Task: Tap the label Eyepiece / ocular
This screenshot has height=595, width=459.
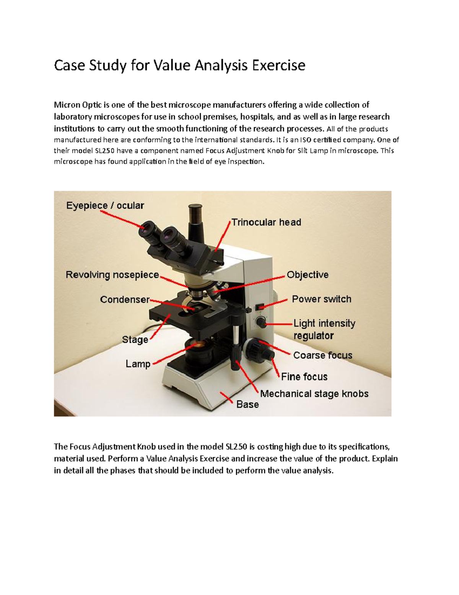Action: (x=105, y=206)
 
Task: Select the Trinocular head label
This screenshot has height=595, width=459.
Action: (x=266, y=222)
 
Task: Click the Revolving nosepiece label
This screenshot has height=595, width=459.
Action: (x=112, y=275)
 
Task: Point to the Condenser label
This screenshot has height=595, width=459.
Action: (x=125, y=299)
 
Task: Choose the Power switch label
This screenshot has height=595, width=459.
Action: (x=321, y=299)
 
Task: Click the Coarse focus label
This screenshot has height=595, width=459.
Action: (x=322, y=355)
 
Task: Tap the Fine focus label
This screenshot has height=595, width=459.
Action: (x=304, y=377)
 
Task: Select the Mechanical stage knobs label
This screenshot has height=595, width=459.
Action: (x=314, y=394)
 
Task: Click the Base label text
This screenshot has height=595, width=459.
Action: (x=247, y=405)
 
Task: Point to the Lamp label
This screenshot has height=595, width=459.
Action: (x=138, y=364)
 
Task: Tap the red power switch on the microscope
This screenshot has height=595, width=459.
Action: (x=260, y=307)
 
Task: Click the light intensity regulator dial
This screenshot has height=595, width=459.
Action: (x=261, y=322)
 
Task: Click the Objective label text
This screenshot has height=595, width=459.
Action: (x=308, y=275)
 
